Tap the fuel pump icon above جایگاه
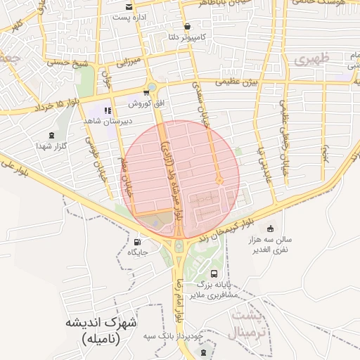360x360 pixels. [137, 242]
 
